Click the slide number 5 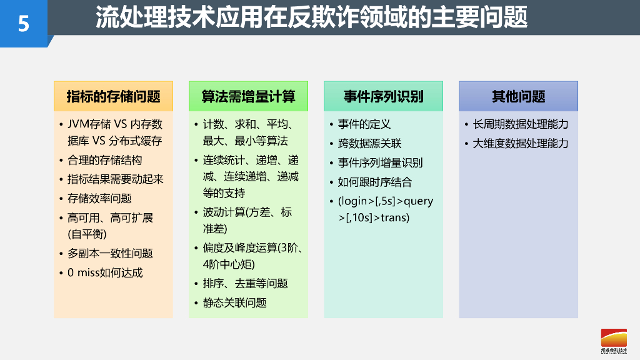click(x=24, y=24)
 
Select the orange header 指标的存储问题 click(x=113, y=96)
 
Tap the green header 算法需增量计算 click(x=248, y=96)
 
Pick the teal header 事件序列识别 click(x=383, y=96)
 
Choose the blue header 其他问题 click(x=518, y=96)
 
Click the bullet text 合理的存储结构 click(x=104, y=160)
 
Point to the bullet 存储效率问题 click(x=99, y=198)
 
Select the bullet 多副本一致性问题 click(x=110, y=253)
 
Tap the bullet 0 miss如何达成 click(x=105, y=272)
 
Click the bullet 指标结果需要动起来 click(x=115, y=179)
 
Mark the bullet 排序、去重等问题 click(x=245, y=283)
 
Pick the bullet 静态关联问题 click(x=234, y=302)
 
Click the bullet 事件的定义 click(x=364, y=124)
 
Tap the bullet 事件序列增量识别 click(x=380, y=162)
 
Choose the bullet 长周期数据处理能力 click(x=520, y=124)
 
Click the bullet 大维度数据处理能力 click(x=520, y=143)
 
